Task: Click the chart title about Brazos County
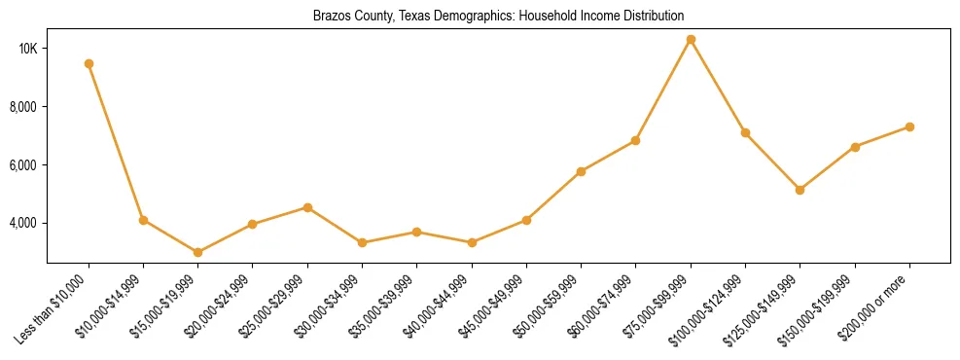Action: point(498,16)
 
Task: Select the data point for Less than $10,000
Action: point(89,63)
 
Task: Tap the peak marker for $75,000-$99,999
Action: point(691,40)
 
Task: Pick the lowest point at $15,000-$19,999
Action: point(198,252)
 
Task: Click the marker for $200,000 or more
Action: point(909,126)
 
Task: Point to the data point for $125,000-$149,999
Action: point(800,190)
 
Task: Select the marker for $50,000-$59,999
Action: point(581,171)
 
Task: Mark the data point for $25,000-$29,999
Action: point(307,207)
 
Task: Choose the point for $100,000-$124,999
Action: point(745,132)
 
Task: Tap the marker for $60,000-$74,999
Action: point(635,141)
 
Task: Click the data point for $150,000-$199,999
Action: point(855,147)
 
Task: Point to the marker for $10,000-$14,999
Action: point(144,220)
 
